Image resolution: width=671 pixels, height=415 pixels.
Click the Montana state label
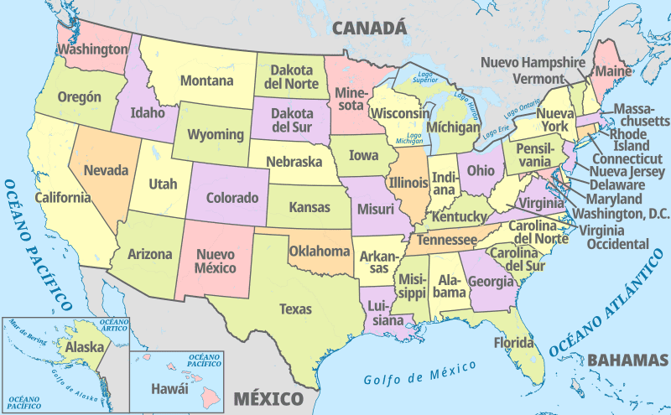point(205,81)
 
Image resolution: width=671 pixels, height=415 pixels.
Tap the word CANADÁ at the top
point(370,29)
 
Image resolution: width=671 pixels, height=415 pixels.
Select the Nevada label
point(107,171)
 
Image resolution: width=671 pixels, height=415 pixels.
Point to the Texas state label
point(295,309)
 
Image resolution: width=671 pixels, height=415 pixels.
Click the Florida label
point(513,343)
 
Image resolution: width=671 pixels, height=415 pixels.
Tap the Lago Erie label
point(498,132)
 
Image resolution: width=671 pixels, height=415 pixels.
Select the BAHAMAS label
point(627,361)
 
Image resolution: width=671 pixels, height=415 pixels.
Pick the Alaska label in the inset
point(85,347)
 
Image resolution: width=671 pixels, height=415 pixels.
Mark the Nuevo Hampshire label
point(533,62)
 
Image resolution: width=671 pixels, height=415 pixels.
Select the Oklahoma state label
point(320,251)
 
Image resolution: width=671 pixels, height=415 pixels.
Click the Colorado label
point(232,199)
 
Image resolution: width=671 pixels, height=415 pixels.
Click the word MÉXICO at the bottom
point(268,397)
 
